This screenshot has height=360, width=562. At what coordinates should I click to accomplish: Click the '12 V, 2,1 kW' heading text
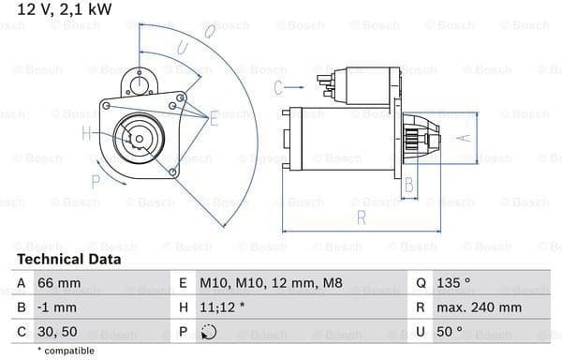click(x=65, y=9)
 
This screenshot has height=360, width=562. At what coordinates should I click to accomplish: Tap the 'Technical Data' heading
click(x=68, y=260)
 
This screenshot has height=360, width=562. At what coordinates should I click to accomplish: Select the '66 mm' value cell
click(x=59, y=283)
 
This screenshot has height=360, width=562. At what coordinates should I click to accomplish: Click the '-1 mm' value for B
click(x=57, y=307)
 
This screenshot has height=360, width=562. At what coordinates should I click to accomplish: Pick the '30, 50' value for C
click(x=57, y=332)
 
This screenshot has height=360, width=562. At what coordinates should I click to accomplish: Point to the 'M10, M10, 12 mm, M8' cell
click(x=271, y=283)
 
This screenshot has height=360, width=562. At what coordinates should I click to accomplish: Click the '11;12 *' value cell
click(x=222, y=307)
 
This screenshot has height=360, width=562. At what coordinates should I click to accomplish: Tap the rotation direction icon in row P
click(x=209, y=332)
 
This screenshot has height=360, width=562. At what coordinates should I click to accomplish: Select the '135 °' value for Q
click(x=453, y=283)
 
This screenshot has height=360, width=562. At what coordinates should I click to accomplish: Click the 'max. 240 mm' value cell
click(x=479, y=307)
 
